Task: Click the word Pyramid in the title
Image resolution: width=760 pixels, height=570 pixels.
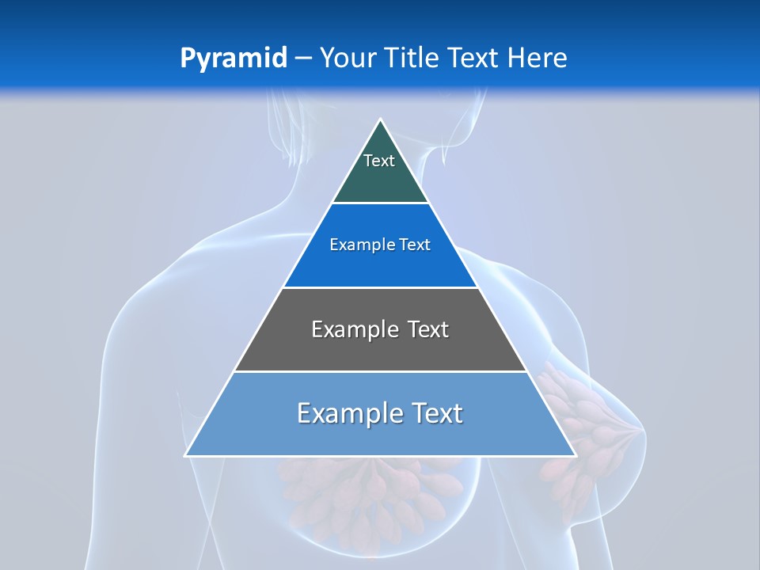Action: [x=234, y=58]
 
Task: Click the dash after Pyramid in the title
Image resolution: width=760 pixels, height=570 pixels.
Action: [x=303, y=59]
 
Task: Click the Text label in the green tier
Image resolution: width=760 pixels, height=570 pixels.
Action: [x=379, y=161]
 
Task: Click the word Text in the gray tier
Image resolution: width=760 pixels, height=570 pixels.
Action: [x=427, y=329]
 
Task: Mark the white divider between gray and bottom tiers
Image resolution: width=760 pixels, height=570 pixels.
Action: [x=380, y=371]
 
